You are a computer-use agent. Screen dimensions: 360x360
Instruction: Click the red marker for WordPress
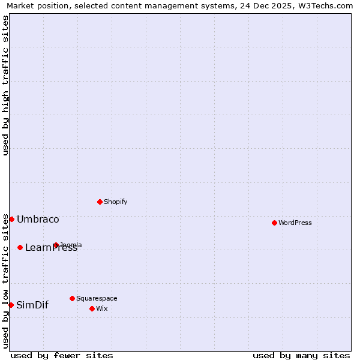coord(274,223)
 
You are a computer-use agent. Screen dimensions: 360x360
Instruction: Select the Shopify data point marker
coord(100,202)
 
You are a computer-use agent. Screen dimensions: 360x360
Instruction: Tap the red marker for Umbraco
coord(11,219)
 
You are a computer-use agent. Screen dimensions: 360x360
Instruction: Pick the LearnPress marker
coord(20,247)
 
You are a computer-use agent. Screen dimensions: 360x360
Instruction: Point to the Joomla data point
coord(56,245)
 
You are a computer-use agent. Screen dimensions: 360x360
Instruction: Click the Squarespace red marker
coord(72,298)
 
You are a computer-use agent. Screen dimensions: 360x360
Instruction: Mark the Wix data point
coord(92,308)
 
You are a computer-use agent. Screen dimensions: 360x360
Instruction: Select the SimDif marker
coord(11,305)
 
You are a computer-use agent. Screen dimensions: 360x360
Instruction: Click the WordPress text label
coord(295,223)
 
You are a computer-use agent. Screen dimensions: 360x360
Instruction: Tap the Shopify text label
coord(116,202)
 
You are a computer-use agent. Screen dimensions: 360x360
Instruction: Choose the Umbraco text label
coord(38,219)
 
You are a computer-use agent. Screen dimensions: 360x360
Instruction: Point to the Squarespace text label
coord(97,298)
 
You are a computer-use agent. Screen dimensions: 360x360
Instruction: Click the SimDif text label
coord(32,305)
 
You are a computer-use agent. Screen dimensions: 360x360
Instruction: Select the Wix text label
coord(102,308)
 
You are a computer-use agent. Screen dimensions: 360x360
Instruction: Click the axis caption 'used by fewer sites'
coord(62,355)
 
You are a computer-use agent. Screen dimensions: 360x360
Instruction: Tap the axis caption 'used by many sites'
coord(301,355)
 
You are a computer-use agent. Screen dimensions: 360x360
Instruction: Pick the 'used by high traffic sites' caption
coord(5,85)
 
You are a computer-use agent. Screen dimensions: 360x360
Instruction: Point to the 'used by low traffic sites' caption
coord(5,281)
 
